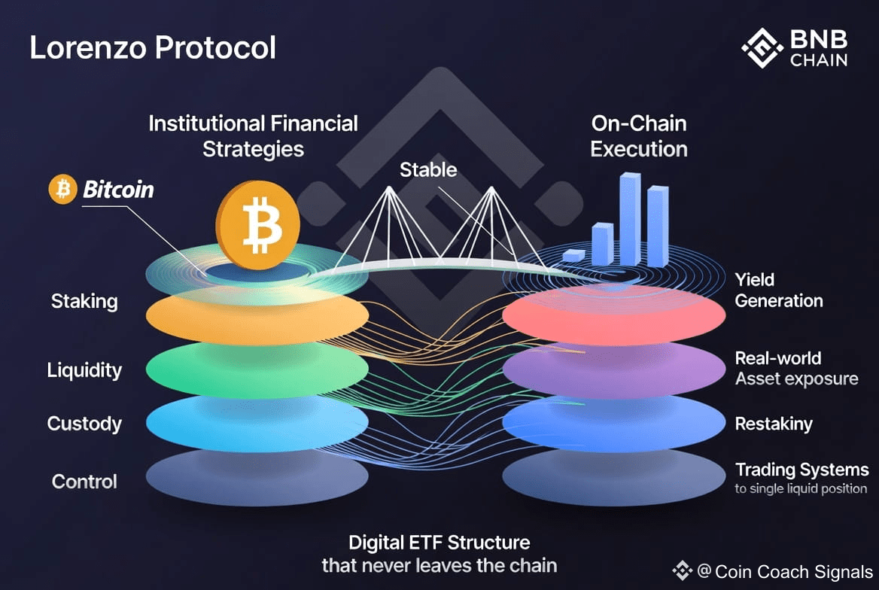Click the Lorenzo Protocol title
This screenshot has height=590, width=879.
tap(153, 47)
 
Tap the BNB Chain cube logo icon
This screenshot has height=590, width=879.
tap(762, 48)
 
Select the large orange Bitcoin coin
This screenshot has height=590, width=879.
tap(257, 224)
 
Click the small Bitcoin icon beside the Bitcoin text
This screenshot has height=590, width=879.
tap(62, 190)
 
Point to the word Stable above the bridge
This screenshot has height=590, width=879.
tap(427, 169)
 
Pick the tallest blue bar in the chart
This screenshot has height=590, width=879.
tap(630, 218)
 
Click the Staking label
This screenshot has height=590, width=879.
tap(84, 302)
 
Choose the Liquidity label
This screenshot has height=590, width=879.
tap(84, 370)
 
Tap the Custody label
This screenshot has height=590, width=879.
tap(84, 424)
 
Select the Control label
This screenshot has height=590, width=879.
tap(84, 482)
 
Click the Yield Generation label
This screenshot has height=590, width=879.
tap(778, 290)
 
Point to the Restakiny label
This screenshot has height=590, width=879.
tap(774, 424)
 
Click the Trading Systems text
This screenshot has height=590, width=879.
tap(801, 470)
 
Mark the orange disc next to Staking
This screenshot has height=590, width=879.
tap(257, 315)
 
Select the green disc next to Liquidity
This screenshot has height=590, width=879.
tap(257, 369)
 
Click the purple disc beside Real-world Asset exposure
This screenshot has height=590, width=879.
tap(613, 369)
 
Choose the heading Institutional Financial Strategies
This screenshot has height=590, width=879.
tap(253, 135)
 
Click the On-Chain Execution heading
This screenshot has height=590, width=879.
tap(639, 135)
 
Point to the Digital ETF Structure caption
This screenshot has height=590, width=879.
tap(439, 542)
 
